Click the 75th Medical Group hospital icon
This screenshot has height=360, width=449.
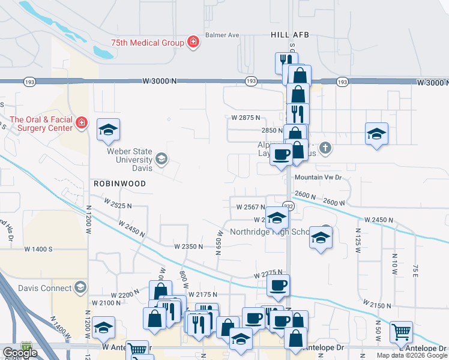tap(193, 42)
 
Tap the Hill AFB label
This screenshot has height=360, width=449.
tap(289, 35)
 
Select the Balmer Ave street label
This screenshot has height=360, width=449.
tap(222, 35)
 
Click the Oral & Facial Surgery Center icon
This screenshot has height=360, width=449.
tap(82, 123)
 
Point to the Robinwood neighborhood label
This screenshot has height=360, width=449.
tap(119, 184)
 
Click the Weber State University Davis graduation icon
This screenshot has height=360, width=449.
tap(161, 159)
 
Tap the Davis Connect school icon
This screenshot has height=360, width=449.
tap(80, 288)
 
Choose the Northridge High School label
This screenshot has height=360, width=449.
tap(270, 232)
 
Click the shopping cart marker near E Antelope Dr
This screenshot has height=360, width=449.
tap(401, 331)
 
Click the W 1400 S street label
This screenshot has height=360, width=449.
tap(38, 248)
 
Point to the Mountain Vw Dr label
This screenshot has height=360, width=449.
tap(318, 178)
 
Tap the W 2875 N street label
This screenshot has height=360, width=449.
tap(246, 118)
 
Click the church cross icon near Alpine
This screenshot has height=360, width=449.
tap(325, 147)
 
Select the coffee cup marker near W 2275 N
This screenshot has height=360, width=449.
tap(277, 286)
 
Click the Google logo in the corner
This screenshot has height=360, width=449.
tap(20, 353)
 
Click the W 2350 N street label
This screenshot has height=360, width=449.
tap(189, 247)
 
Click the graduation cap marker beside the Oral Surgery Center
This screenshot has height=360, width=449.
tap(108, 130)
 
